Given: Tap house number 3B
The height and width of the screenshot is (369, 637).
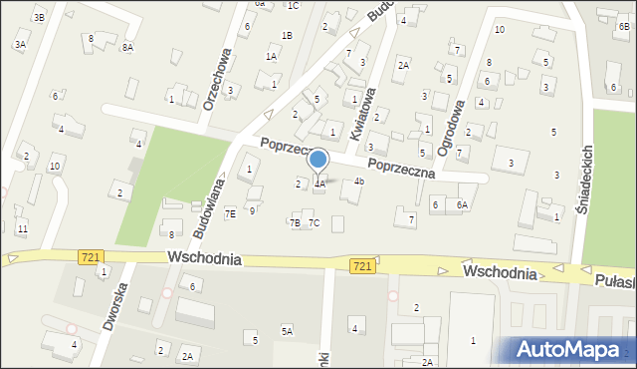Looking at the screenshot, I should click(39, 17).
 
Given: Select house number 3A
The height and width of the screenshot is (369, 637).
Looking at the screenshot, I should click(20, 44).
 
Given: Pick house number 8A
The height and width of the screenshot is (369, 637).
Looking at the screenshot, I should click(127, 47).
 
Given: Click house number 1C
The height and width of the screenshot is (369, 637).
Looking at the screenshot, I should click(293, 6).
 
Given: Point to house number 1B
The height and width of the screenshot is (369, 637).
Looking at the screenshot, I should click(287, 36).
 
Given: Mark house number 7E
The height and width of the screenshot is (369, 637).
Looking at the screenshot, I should click(230, 213).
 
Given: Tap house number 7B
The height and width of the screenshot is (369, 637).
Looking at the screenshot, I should click(295, 222).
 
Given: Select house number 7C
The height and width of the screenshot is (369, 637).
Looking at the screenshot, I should click(314, 222).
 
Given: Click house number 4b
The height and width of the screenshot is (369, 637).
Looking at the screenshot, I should click(359, 182).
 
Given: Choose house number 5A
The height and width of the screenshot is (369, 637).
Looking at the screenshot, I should click(287, 331).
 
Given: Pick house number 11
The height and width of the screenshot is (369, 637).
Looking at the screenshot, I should click(22, 228).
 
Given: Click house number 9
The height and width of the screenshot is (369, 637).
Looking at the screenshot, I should click(252, 210).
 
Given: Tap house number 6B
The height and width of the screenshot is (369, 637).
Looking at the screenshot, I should click(623, 28).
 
